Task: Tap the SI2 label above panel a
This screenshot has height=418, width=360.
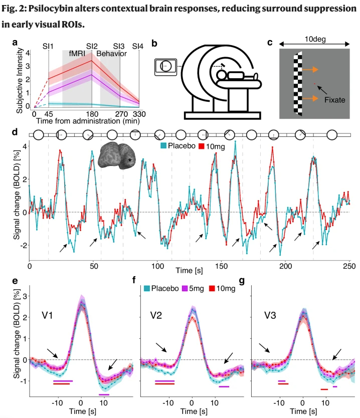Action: (x=92, y=46)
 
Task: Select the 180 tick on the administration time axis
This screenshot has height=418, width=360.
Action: (x=92, y=114)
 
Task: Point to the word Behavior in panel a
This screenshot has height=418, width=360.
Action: (x=111, y=54)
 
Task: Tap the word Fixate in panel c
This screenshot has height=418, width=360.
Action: (x=334, y=100)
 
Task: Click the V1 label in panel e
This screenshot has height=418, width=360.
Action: (x=48, y=316)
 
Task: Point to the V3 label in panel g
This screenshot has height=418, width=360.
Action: (x=271, y=317)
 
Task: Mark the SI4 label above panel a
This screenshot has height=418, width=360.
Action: (x=138, y=46)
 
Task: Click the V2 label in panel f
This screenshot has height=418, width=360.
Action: (x=159, y=316)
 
